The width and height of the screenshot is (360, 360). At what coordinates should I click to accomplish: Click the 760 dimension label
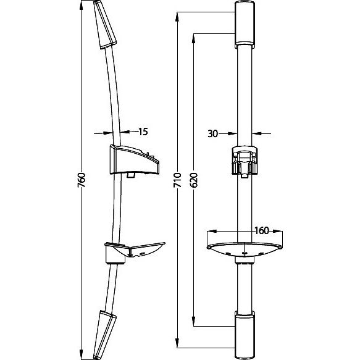click(x=82, y=180)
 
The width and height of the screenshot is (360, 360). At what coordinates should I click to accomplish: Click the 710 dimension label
click(x=177, y=180)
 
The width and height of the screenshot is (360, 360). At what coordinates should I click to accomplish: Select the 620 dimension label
click(x=194, y=180)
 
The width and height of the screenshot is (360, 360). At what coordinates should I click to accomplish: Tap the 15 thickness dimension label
click(x=143, y=132)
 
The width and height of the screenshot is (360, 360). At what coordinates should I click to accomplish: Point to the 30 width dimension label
click(x=212, y=133)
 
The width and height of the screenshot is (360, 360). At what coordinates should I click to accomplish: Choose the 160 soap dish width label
click(x=262, y=230)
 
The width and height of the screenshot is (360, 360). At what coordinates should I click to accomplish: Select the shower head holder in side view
click(x=135, y=160)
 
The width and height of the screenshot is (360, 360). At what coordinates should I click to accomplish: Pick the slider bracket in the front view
click(x=245, y=161)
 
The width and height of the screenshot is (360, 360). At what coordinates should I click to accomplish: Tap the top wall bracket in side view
click(x=105, y=25)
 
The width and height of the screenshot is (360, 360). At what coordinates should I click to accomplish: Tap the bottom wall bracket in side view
click(x=105, y=335)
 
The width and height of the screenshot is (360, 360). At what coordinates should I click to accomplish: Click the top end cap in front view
click(x=245, y=25)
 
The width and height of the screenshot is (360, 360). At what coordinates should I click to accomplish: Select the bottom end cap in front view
click(x=245, y=335)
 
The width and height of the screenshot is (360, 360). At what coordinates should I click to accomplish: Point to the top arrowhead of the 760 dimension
click(x=81, y=5)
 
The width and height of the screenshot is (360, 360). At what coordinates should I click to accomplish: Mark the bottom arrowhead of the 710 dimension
click(x=177, y=343)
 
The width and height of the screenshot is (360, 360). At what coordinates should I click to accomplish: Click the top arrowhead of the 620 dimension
click(x=194, y=38)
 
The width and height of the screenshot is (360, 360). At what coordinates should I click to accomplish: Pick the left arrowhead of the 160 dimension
click(x=212, y=231)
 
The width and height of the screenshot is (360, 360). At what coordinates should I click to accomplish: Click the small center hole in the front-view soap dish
click(x=245, y=253)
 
